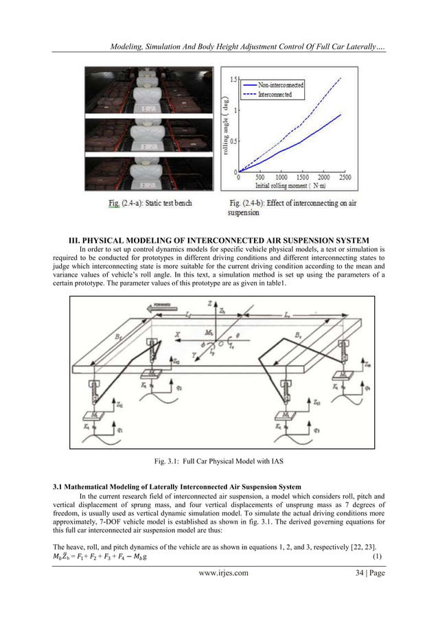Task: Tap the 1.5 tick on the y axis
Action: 233,80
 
